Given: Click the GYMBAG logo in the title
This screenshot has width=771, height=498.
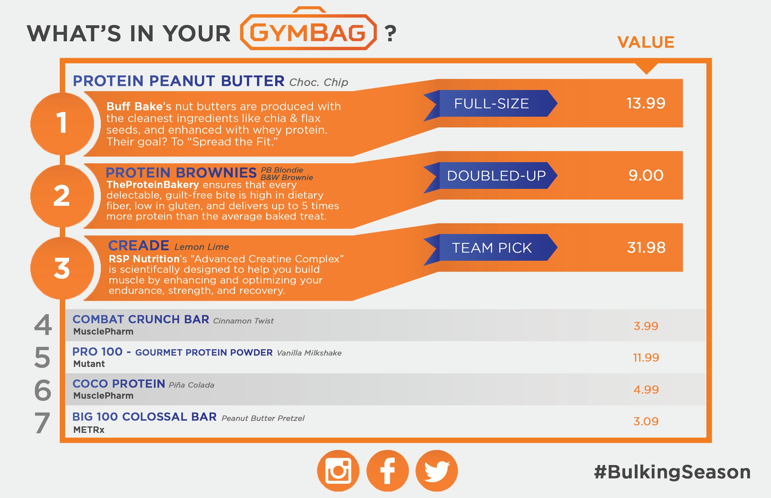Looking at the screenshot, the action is click(308, 29).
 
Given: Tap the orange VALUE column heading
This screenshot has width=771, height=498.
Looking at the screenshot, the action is click(646, 42).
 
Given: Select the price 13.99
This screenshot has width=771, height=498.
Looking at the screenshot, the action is click(646, 103).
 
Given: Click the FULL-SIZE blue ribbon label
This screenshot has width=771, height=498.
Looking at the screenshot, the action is click(491, 103).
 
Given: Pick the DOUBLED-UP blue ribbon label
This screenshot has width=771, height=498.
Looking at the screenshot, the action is click(491, 176).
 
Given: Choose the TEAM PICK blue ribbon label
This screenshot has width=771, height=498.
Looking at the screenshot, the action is click(491, 248).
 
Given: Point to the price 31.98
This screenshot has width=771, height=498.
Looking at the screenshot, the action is click(646, 247).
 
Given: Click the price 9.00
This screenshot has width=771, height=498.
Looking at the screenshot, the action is click(646, 175).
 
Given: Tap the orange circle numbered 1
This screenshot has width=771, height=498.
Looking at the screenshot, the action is click(62, 124).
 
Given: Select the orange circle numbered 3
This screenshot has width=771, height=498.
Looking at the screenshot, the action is click(62, 268).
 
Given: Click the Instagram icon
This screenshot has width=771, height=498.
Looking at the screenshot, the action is click(338, 470).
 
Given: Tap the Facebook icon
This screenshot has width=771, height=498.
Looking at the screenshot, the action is click(387, 470).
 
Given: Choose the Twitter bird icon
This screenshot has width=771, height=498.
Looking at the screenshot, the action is click(436, 470).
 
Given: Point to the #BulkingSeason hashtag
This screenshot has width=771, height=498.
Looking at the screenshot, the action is click(672, 472).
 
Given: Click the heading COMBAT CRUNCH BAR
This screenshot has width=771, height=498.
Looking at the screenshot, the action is click(141, 319).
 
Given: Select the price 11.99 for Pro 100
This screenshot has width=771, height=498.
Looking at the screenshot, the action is click(646, 357).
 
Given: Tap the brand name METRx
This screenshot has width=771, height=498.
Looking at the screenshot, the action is click(89, 430).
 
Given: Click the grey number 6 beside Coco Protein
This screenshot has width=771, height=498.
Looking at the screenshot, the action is click(43, 390).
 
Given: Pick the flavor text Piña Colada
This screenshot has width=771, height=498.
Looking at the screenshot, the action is click(191, 385).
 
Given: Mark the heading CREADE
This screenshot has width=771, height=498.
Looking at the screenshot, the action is click(139, 246).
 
